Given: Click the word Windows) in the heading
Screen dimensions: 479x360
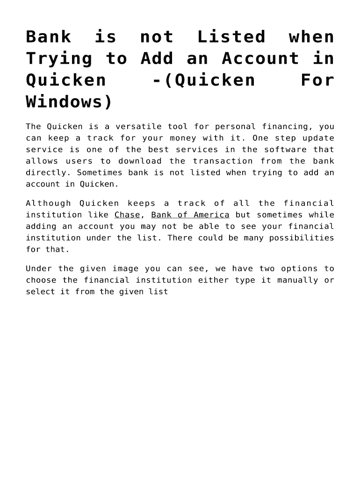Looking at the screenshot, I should coord(69,102).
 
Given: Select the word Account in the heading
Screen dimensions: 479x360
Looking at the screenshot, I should coord(260,58).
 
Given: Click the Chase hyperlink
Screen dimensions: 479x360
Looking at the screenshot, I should coord(127,215).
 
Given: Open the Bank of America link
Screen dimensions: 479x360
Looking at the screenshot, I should coord(190,215).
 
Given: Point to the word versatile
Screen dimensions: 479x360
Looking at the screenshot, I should coord(138,126).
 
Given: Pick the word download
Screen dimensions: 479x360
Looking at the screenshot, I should coord(140,161).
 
